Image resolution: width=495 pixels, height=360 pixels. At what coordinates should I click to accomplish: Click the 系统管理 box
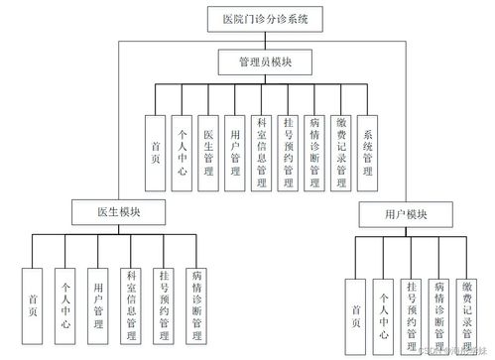pos(369,151)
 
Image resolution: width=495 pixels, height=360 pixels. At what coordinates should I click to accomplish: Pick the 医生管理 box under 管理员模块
pos(208,151)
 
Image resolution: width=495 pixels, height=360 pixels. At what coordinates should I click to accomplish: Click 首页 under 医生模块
pos(33,300)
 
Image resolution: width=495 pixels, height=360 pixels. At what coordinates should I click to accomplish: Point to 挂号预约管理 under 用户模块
pos(411,310)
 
